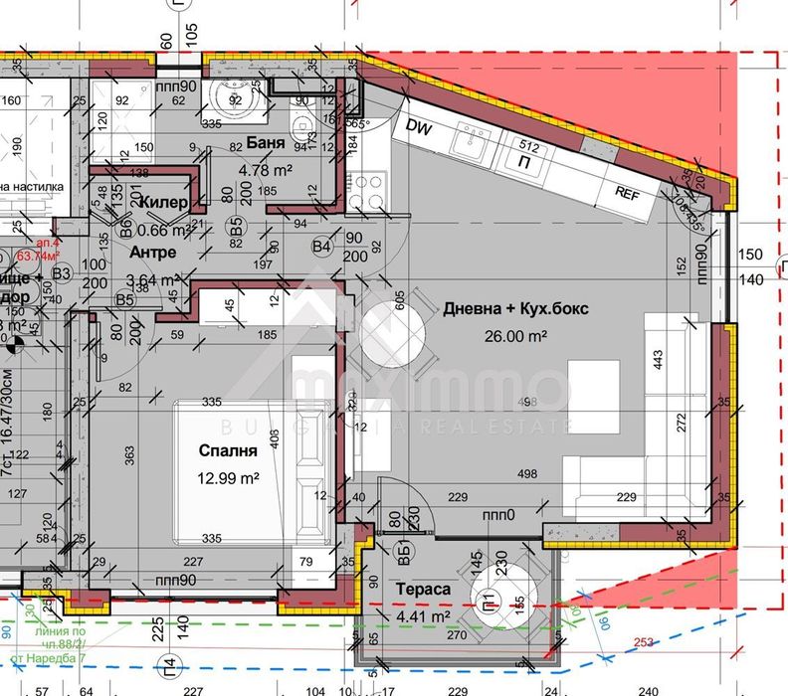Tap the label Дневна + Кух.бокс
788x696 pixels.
[x=517, y=309]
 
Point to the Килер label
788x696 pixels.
[x=164, y=203]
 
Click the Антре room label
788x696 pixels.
[x=152, y=253]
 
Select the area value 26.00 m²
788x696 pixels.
[x=517, y=337]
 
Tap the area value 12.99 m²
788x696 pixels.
[x=228, y=478]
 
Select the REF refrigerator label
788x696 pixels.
[x=627, y=194]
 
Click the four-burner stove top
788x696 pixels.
[x=370, y=189]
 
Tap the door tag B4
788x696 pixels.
[x=320, y=246]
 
